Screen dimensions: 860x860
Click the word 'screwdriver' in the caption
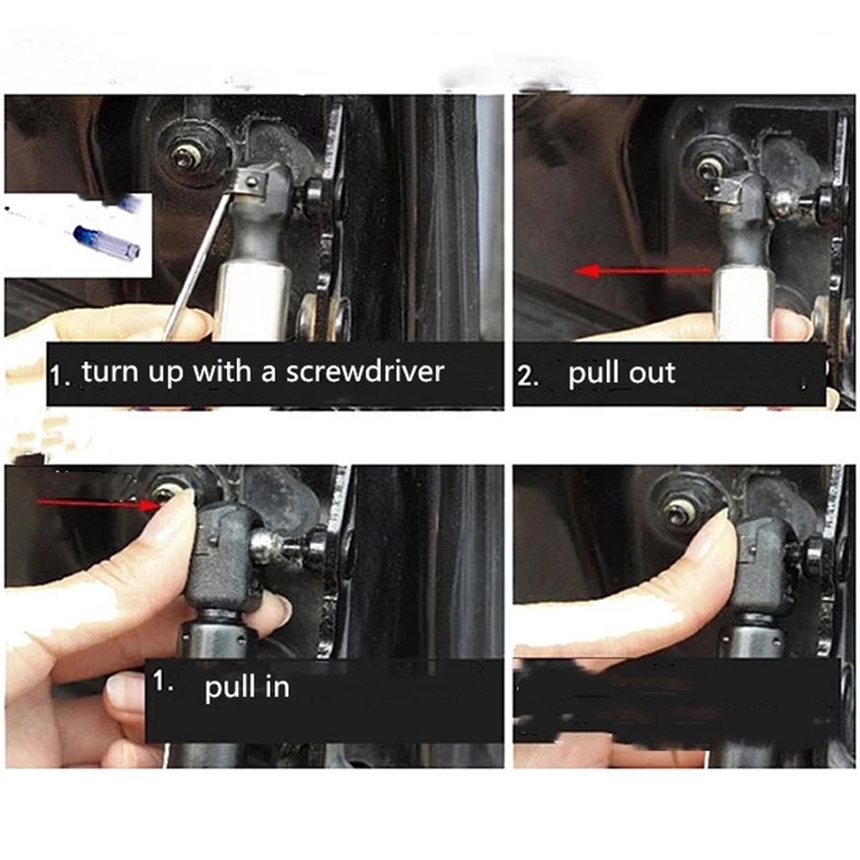pyautogui.click(x=364, y=371)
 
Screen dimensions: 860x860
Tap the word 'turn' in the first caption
pyautogui.click(x=107, y=371)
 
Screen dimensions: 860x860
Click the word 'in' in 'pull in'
pyautogui.click(x=277, y=687)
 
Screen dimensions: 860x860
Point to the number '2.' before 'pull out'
pyautogui.click(x=528, y=376)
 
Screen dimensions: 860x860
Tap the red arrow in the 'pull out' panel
pyautogui.click(x=642, y=270)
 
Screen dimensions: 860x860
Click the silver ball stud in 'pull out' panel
pyautogui.click(x=784, y=202)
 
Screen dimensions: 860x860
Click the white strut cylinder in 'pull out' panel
pyautogui.click(x=746, y=302)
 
